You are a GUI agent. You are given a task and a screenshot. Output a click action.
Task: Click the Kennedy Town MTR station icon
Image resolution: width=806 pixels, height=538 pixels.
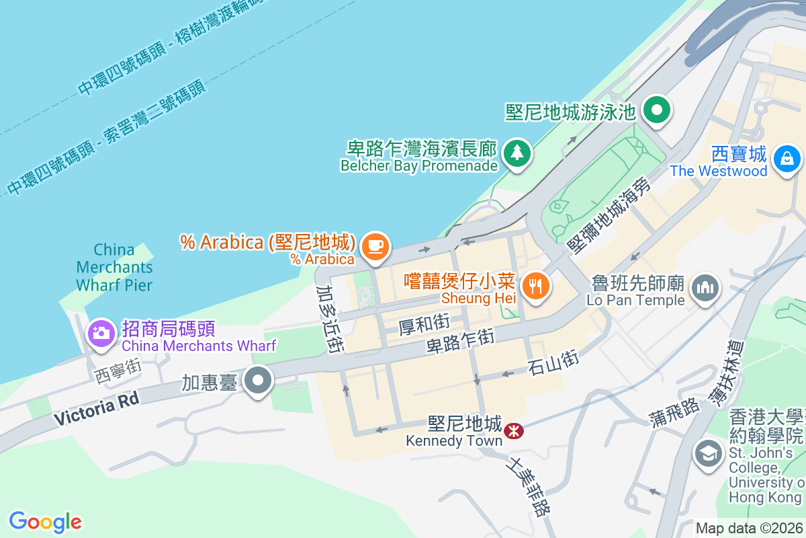point(514,430)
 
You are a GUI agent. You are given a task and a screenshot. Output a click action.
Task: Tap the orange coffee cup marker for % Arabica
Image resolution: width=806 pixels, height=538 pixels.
point(375,245)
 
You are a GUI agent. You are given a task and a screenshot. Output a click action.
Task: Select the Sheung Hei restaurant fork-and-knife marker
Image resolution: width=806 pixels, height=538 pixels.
point(535,286)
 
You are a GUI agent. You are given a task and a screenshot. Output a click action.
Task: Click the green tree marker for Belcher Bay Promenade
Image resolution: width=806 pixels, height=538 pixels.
point(517,153)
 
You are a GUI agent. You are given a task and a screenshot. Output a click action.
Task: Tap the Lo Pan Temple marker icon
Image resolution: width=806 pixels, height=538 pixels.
point(705,289)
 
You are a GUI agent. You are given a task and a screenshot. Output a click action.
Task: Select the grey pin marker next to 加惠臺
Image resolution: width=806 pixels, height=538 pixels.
point(258,381)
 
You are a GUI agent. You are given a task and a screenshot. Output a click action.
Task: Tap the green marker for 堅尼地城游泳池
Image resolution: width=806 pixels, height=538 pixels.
point(656,110)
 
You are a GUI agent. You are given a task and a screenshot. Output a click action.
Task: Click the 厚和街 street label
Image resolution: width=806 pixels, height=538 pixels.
point(424,326)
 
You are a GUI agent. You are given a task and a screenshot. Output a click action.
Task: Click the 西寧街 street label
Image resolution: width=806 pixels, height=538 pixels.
point(117,371)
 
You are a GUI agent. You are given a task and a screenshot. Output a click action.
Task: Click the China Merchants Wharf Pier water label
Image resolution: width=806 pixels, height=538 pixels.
point(114,267)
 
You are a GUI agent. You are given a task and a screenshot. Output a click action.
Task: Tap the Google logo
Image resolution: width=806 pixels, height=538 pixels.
point(45,521)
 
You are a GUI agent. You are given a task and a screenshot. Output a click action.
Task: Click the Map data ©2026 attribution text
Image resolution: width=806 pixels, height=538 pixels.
point(748,528)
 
